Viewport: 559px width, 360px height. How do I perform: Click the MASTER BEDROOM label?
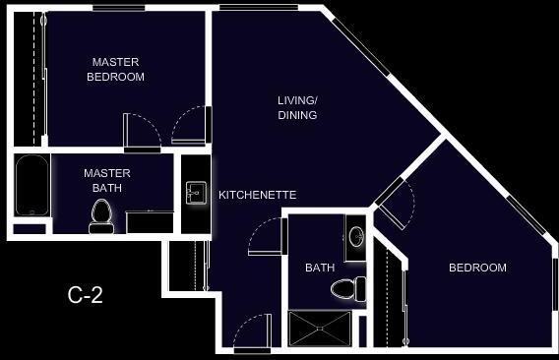(x=115, y=69)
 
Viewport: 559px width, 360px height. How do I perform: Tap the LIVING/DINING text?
(x=296, y=107)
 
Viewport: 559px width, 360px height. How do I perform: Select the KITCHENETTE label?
(x=257, y=195)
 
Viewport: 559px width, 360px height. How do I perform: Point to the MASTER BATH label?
(x=106, y=180)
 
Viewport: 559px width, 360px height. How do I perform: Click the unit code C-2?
(x=85, y=293)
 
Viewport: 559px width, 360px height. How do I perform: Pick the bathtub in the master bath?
(x=32, y=186)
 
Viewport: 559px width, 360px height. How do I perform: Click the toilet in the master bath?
(x=100, y=215)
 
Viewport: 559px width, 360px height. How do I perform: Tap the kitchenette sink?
(x=194, y=190)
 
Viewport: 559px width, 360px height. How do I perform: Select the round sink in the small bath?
(x=355, y=236)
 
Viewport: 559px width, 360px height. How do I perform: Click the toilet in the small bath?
(x=346, y=288)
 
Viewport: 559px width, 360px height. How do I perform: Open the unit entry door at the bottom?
(x=252, y=332)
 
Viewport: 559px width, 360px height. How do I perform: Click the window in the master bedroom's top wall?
(x=118, y=8)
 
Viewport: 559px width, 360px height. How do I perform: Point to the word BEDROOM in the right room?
(x=477, y=268)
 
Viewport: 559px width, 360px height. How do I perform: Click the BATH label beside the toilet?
(x=320, y=268)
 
